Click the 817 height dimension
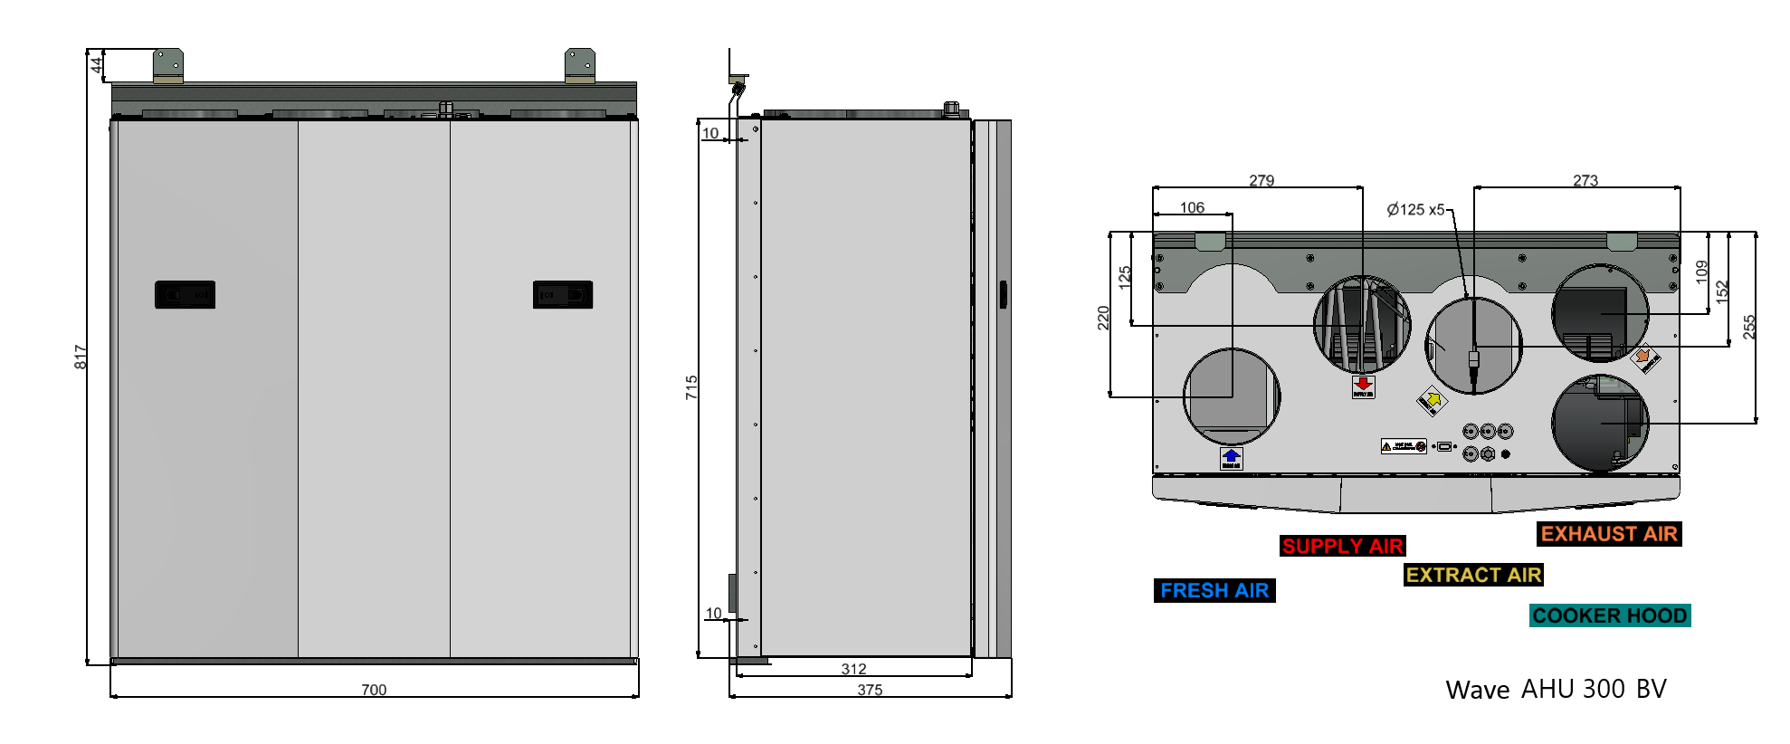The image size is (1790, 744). click(x=81, y=357)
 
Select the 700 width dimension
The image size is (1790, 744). click(x=374, y=690)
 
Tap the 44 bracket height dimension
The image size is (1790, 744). click(x=96, y=65)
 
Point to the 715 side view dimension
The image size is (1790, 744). click(x=691, y=387)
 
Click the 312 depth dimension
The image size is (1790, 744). click(x=853, y=669)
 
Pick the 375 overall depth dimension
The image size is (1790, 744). click(x=870, y=690)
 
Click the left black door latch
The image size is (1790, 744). click(x=185, y=295)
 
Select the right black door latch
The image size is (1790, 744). click(x=563, y=295)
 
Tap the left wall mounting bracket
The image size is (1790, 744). click(x=168, y=65)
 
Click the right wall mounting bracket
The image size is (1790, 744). click(x=580, y=65)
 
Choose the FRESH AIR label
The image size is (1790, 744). click(x=1214, y=591)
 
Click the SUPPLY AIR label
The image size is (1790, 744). click(x=1343, y=547)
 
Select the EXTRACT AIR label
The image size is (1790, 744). click(x=1473, y=576)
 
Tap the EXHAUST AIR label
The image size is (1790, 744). click(x=1609, y=535)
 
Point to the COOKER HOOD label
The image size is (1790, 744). click(x=1610, y=616)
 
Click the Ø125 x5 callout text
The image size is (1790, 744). click(x=1415, y=210)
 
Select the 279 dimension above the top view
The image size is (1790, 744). click(x=1262, y=181)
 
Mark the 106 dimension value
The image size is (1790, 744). click(x=1192, y=208)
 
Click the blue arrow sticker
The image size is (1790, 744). click(x=1231, y=458)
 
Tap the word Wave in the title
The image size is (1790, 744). click(x=1477, y=691)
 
